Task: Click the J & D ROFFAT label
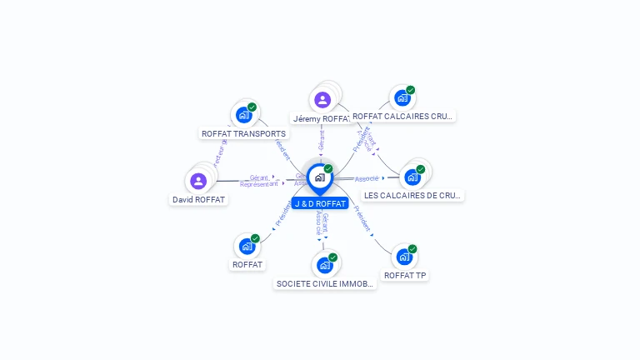point(320,203)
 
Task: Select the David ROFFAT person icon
point(198,181)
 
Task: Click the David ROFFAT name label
point(199,200)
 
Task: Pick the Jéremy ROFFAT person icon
point(322,100)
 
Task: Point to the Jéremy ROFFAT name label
point(322,119)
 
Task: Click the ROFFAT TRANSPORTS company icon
point(244,115)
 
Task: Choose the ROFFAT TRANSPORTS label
point(244,133)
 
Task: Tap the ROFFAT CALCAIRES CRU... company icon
point(403,97)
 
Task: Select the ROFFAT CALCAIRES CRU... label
point(403,117)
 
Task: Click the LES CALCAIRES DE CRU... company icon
point(412,177)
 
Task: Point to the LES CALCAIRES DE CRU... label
point(412,196)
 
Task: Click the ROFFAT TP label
point(405,275)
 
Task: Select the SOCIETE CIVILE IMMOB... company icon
point(325,265)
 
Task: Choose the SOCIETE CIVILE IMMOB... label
point(325,284)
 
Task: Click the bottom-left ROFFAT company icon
point(247,246)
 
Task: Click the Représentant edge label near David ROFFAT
point(259,184)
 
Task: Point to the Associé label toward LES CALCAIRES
point(367,178)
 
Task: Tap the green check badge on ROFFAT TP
point(412,249)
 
